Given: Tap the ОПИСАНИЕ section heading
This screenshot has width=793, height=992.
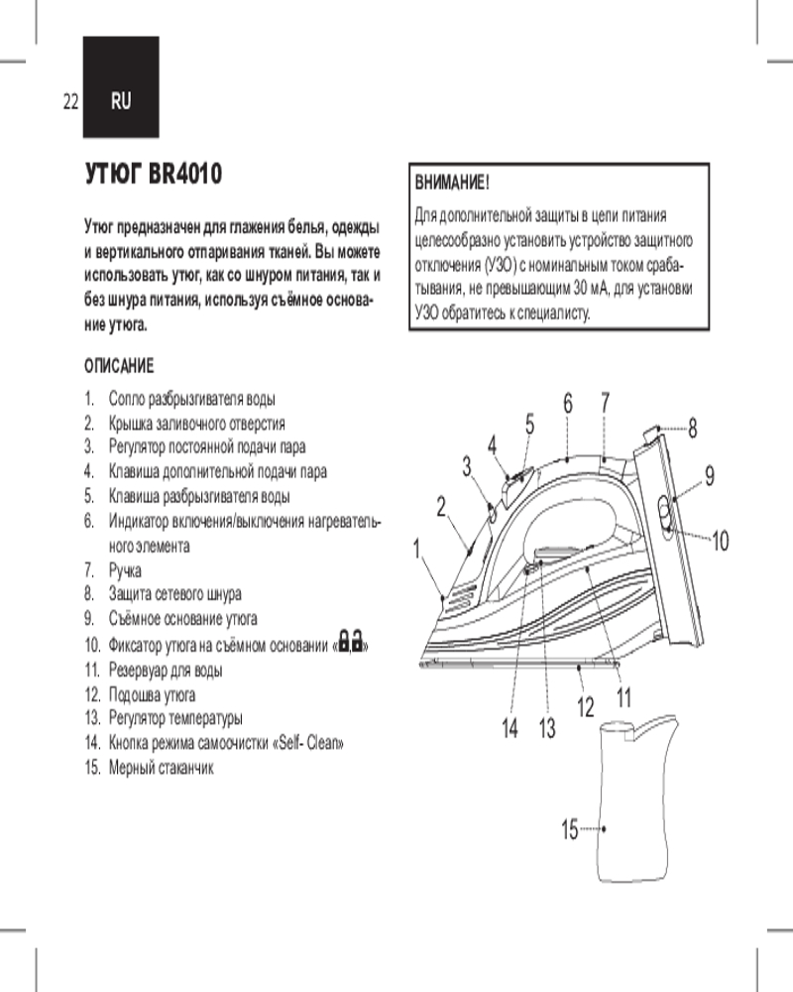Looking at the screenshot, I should pos(118,367).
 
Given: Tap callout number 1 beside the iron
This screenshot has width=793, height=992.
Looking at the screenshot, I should pos(418,547).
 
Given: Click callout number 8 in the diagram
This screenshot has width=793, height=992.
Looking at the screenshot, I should pos(692,429).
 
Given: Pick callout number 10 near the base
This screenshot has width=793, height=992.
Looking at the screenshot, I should pos(720,541).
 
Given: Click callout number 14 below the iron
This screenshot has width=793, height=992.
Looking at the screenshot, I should pos(510,730).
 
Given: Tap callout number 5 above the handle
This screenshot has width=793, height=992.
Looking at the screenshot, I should pos(530,423).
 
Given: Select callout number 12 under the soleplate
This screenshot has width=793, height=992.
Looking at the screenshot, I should pos(585,707).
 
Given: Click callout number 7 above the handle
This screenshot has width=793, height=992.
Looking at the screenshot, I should pos(604,402).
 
